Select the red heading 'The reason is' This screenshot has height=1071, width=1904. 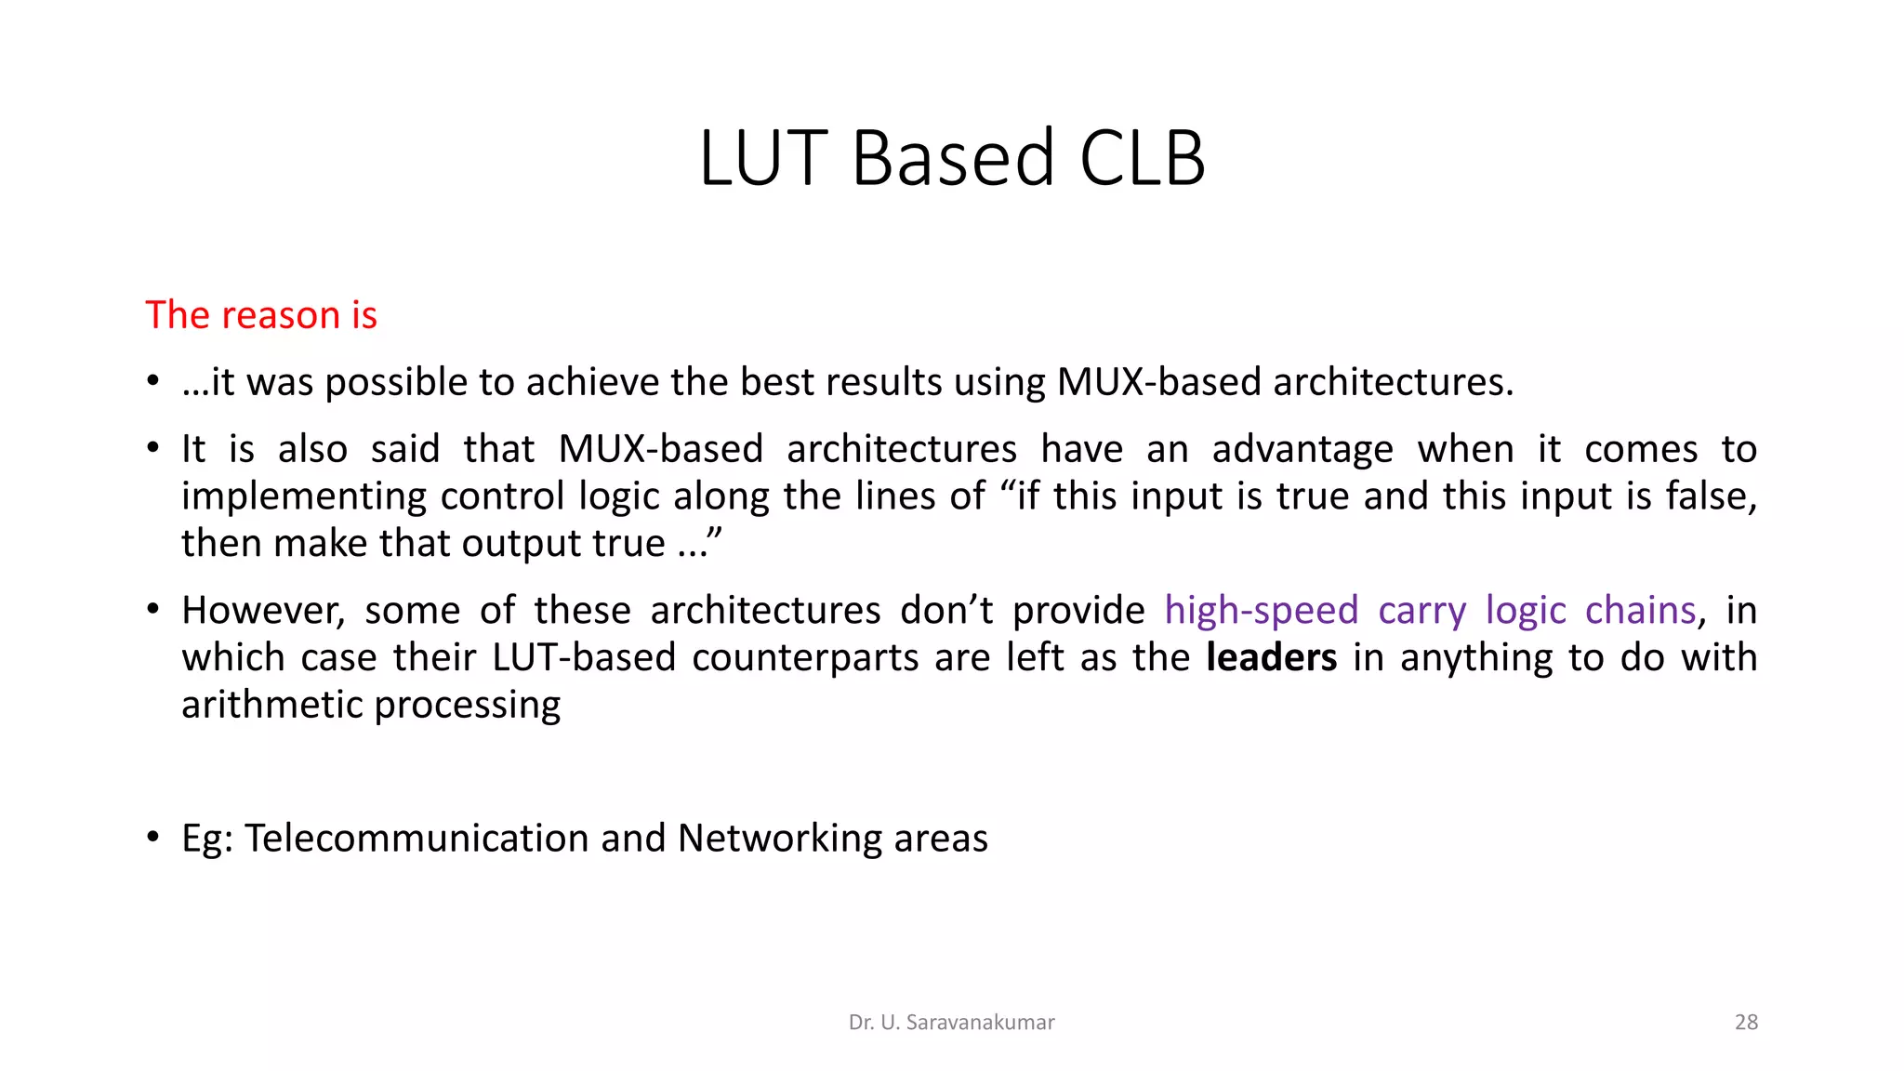coord(261,315)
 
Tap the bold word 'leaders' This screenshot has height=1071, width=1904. coord(1271,657)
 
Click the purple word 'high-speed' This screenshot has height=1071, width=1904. coord(1261,611)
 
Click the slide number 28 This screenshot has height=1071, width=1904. coord(1746,1022)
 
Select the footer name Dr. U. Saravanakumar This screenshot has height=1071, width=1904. coord(951,1022)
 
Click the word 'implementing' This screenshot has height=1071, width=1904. coord(303,496)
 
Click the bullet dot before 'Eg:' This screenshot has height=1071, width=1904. coord(153,837)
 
